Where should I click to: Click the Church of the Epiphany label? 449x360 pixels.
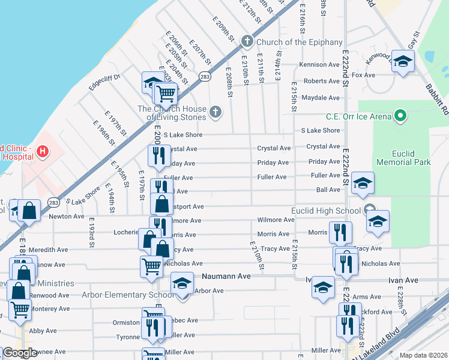299,42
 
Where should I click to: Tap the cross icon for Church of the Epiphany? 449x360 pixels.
247,41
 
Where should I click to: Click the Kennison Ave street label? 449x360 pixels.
321,65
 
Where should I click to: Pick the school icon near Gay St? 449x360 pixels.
403,61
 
